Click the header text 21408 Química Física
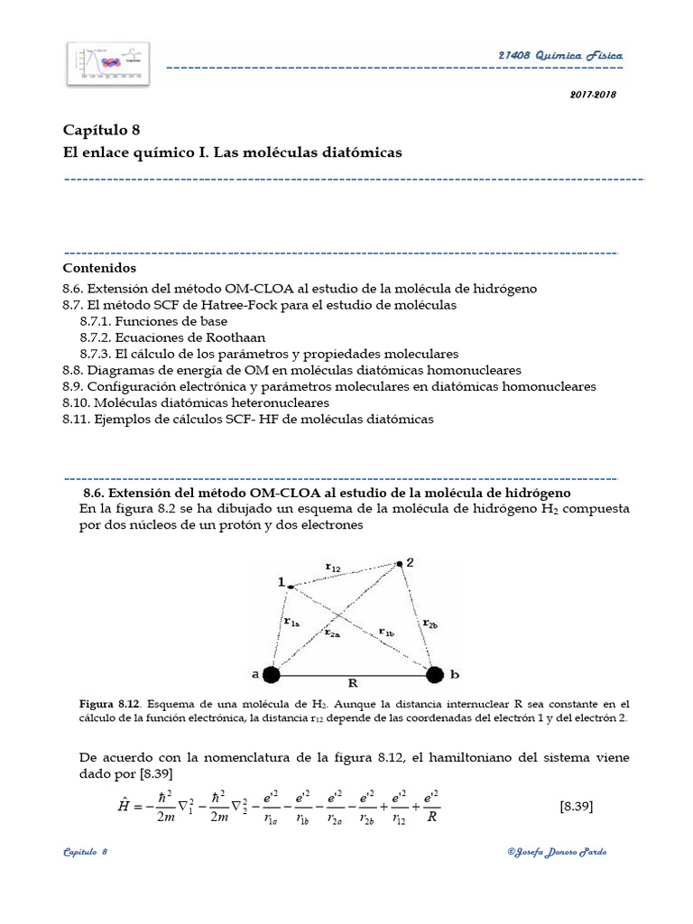[x=559, y=56]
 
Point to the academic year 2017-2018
[x=592, y=95]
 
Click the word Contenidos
[x=99, y=268]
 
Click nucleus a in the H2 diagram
[x=272, y=674]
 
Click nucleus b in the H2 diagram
[x=434, y=674]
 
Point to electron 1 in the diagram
[x=291, y=587]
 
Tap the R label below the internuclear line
[x=353, y=684]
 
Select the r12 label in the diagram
[x=333, y=567]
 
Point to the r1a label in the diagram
[x=291, y=622]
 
